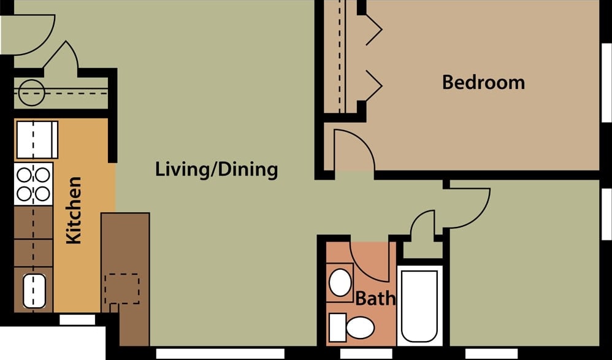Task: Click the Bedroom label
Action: pos(483,82)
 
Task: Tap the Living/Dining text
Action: pos(216,169)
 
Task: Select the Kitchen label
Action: pos(74,210)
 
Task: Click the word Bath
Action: pos(375,299)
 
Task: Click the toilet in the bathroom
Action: pos(352,327)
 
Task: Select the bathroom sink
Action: pos(340,282)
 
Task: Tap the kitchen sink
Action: pos(34,291)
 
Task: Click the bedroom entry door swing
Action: pos(352,151)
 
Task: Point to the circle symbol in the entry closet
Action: pos(31,93)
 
